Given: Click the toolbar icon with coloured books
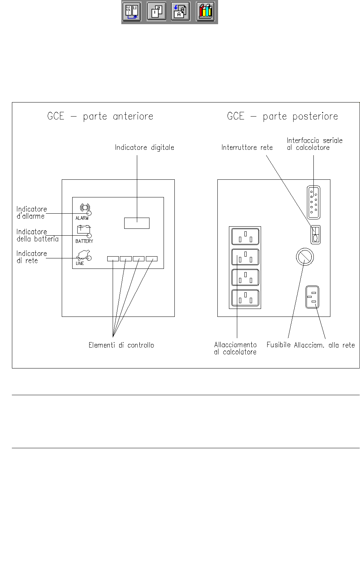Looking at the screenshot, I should pos(206,12).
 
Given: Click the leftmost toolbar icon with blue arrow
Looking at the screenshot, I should pos(132,12).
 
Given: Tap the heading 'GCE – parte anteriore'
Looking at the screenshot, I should pos(100,116).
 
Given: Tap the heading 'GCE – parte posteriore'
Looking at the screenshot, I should pos(282,116).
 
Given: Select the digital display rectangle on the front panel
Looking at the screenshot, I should pos(137,223).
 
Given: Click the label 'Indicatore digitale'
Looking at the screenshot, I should pos(144,147).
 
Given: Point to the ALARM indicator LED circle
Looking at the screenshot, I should pos(89,213).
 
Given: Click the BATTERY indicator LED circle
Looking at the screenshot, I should pos(89,236).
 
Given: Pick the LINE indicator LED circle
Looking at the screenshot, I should pos(89,258).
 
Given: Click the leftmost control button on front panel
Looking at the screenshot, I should pos(113,259).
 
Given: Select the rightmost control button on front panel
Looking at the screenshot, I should pos(152,259).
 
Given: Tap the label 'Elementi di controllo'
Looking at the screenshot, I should pos(121,345).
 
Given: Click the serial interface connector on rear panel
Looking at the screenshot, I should pos(313,202).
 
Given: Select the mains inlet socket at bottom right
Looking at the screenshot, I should pos(313,297).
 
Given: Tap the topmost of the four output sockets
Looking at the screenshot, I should pos(245,237).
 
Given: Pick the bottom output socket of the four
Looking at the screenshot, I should pos(245,298).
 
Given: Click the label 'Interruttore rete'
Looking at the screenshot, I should pos(247,147).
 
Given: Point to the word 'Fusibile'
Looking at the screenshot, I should pos(278,345).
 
